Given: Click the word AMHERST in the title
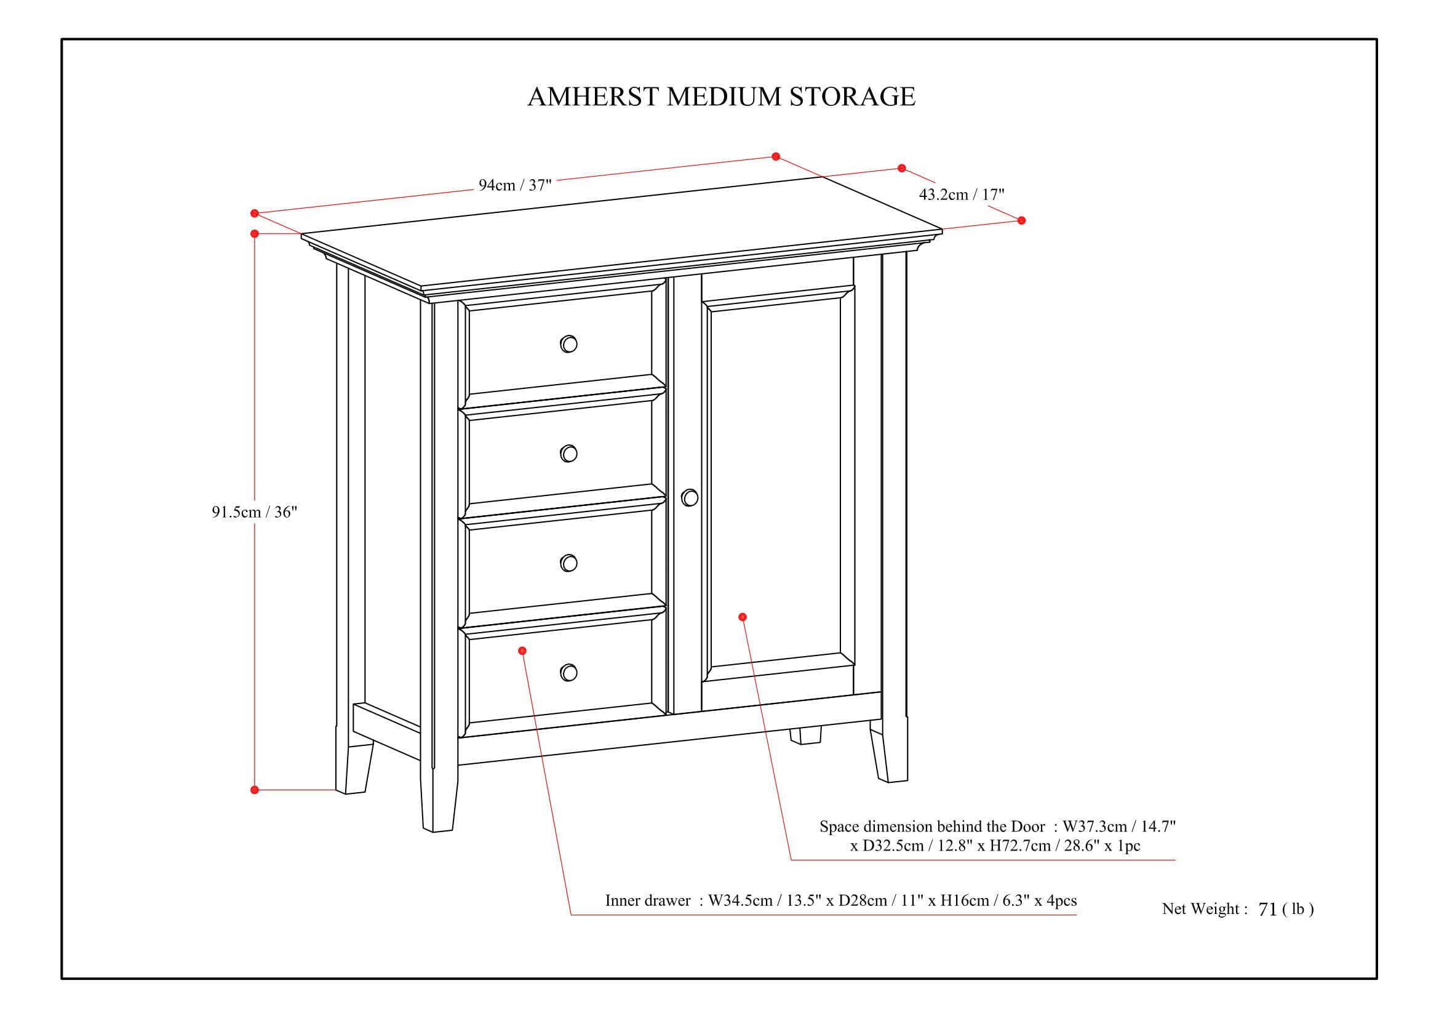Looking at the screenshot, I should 593,97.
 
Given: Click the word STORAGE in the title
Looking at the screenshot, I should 851,97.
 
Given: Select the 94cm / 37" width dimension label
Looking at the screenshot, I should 514,185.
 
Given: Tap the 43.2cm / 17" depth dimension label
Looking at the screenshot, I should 961,195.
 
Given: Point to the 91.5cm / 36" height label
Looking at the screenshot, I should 254,512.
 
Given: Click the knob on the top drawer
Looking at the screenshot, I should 568,344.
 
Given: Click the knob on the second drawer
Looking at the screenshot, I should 568,453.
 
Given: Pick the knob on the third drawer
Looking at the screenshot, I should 568,563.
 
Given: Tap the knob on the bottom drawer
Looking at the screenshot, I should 568,673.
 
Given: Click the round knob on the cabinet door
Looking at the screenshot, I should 690,498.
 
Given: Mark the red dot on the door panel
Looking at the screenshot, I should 743,617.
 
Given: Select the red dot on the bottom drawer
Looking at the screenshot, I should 522,651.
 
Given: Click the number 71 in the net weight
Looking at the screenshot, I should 1267,910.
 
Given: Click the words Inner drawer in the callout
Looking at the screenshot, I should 647,901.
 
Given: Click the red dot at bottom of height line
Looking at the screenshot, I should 255,790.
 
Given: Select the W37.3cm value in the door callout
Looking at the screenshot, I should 1094,827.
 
